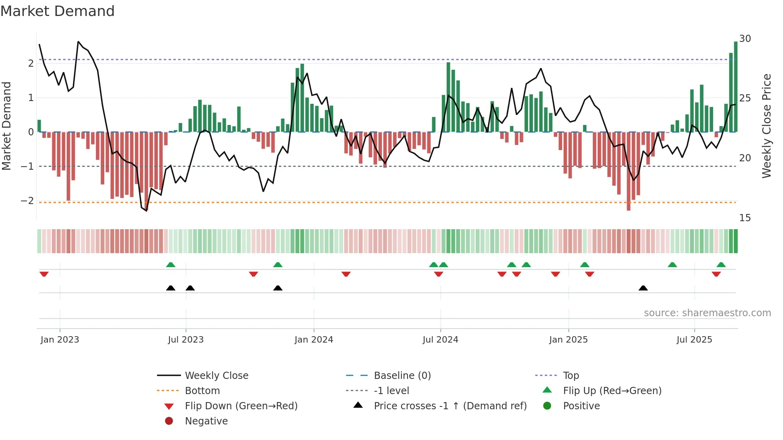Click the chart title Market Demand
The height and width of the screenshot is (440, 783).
click(58, 11)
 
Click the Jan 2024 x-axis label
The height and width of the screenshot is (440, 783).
click(314, 340)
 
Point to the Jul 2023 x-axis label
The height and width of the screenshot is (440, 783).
click(186, 340)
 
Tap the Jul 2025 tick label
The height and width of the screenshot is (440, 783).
click(694, 340)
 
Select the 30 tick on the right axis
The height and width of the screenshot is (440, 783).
click(745, 39)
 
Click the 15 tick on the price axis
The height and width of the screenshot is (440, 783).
click(745, 218)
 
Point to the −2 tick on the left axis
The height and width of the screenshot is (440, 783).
click(27, 201)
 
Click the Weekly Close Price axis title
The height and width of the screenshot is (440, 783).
click(767, 126)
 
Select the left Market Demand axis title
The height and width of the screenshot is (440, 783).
click(6, 126)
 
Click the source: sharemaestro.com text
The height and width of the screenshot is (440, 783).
click(707, 313)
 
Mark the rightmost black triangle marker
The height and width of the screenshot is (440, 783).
click(643, 288)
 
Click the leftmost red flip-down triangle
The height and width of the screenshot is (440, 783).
click(44, 274)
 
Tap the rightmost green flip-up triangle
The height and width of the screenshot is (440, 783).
click(721, 265)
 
